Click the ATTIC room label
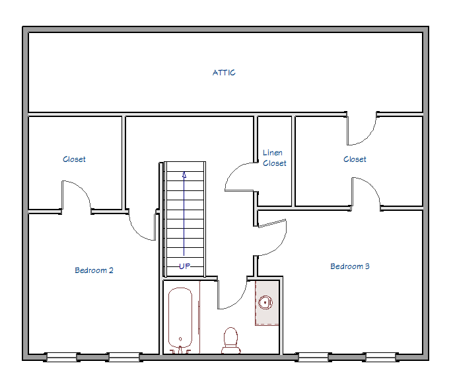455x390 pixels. pyautogui.click(x=224, y=73)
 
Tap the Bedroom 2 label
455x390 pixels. pyautogui.click(x=94, y=270)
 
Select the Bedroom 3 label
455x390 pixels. pyautogui.click(x=349, y=266)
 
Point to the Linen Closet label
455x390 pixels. pyautogui.click(x=274, y=158)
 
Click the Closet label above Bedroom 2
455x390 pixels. pyautogui.click(x=74, y=159)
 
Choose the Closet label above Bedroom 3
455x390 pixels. pyautogui.click(x=355, y=159)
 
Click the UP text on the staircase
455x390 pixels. pyautogui.click(x=184, y=266)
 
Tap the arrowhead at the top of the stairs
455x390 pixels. pyautogui.click(x=184, y=175)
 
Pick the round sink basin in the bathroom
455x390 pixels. pyautogui.click(x=265, y=303)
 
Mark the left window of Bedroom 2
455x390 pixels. pyautogui.click(x=61, y=357)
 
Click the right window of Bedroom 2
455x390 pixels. pyautogui.click(x=124, y=357)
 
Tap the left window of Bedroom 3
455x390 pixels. pyautogui.click(x=314, y=357)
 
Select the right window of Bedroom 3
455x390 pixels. pyautogui.click(x=380, y=357)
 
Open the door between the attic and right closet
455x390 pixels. pyautogui.click(x=362, y=130)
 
